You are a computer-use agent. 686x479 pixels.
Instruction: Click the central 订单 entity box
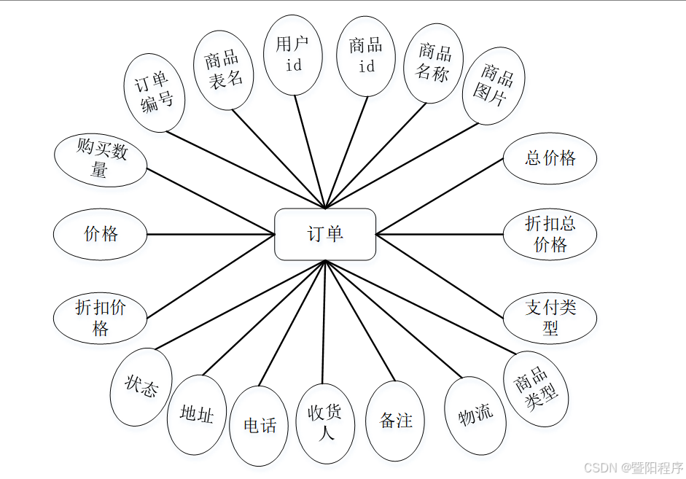coord(325,234)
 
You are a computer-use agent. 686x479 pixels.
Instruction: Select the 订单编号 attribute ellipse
coord(155,93)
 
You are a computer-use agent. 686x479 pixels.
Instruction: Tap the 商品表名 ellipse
coord(224,69)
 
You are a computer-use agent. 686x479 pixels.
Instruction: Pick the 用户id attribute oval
coord(292,55)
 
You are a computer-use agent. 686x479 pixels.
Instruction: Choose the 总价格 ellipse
coord(550,158)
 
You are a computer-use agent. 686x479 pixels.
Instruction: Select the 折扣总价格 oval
coord(550,234)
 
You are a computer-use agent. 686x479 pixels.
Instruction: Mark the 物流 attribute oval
coord(475,415)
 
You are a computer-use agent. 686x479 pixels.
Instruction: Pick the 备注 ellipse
coord(396,421)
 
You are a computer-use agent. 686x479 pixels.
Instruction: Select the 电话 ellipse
coord(259,425)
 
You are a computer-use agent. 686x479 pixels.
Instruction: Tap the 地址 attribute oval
coord(196,415)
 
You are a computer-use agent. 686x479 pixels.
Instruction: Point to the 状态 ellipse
coord(141,387)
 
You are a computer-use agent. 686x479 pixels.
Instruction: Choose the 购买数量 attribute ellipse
coord(101,160)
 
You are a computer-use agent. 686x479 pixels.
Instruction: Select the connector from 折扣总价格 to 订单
coord(440,234)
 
